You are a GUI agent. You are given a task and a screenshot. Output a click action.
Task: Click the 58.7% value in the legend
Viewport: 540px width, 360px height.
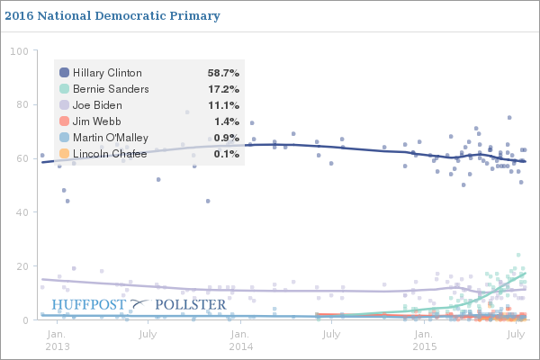pyautogui.click(x=221, y=72)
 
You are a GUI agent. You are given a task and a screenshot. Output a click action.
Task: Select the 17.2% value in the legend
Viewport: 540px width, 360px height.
pyautogui.click(x=221, y=89)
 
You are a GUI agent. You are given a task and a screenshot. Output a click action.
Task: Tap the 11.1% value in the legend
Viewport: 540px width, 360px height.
pyautogui.click(x=221, y=105)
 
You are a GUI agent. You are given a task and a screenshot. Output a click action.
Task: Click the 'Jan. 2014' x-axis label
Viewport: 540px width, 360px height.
pyautogui.click(x=240, y=339)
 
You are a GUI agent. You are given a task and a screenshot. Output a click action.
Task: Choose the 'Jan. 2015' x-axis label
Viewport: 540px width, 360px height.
pyautogui.click(x=424, y=339)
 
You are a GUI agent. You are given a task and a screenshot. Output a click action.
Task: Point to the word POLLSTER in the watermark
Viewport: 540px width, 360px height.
pyautogui.click(x=191, y=305)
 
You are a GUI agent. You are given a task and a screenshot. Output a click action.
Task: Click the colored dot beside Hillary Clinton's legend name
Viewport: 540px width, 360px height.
pyautogui.click(x=64, y=72)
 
